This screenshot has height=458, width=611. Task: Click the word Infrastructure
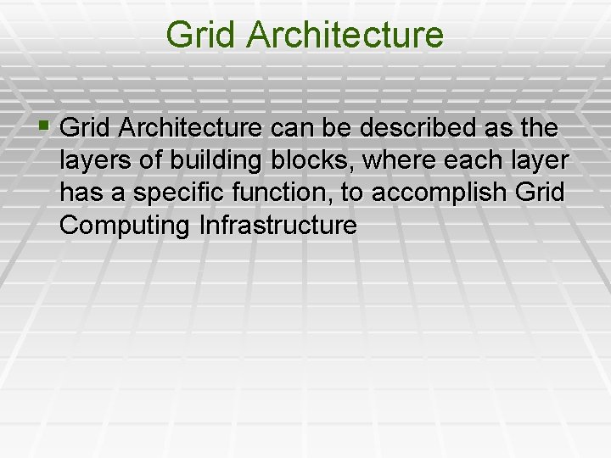[x=277, y=226]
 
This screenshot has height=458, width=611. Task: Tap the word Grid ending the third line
[x=539, y=193]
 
